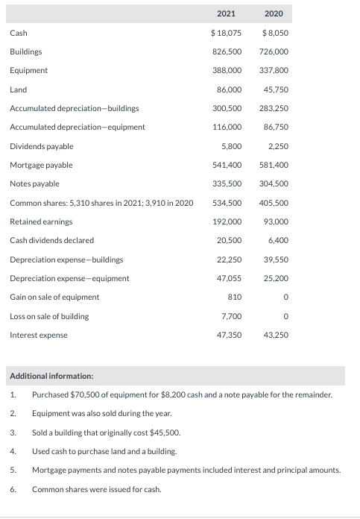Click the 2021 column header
pyautogui.click(x=226, y=13)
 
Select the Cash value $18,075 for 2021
pyautogui.click(x=226, y=33)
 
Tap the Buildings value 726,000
pyautogui.click(x=274, y=51)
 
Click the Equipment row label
pyautogui.click(x=28, y=70)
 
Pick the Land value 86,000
pyautogui.click(x=229, y=89)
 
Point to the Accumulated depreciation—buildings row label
pyautogui.click(x=74, y=108)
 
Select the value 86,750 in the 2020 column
pyautogui.click(x=276, y=127)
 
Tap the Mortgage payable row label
pyautogui.click(x=41, y=165)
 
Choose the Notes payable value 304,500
pyautogui.click(x=274, y=183)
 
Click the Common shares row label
pyautogui.click(x=101, y=203)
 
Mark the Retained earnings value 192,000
pyautogui.click(x=227, y=221)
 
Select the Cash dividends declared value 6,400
pyautogui.click(x=278, y=240)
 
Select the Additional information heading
pyautogui.click(x=51, y=377)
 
